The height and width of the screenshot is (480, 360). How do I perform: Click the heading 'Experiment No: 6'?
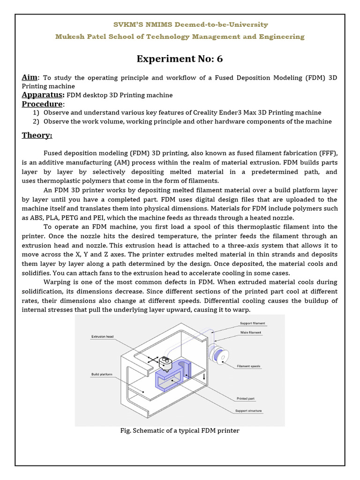coord(180,59)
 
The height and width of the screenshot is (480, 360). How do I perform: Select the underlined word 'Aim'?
coord(30,77)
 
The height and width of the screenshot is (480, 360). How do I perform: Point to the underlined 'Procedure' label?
coord(42,104)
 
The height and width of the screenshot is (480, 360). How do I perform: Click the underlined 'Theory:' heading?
coord(37,135)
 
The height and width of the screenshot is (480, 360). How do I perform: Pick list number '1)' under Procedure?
coord(36,112)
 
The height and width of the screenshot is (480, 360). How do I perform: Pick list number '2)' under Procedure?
coord(36,121)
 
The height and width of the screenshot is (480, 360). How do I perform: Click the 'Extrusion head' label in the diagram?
coord(102,337)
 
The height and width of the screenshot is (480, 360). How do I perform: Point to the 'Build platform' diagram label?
coord(101,375)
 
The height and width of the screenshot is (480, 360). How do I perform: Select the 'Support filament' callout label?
coord(253,323)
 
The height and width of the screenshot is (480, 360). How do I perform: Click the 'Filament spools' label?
coord(249,366)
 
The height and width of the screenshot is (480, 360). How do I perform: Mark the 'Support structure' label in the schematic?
coord(249,411)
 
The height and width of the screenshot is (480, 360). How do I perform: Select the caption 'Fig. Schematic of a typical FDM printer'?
coord(180,430)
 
